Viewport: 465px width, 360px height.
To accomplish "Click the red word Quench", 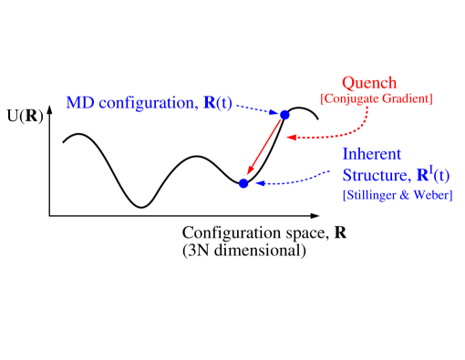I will [369, 83].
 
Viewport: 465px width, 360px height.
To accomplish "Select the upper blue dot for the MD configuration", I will [284, 115].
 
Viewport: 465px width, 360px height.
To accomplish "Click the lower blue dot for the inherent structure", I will [243, 183].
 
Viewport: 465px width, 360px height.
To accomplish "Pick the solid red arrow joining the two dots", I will [264, 149].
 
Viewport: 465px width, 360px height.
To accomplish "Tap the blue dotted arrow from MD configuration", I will [256, 109].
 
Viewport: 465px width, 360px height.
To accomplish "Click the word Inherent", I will [372, 154].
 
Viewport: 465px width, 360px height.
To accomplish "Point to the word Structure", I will [372, 176].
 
